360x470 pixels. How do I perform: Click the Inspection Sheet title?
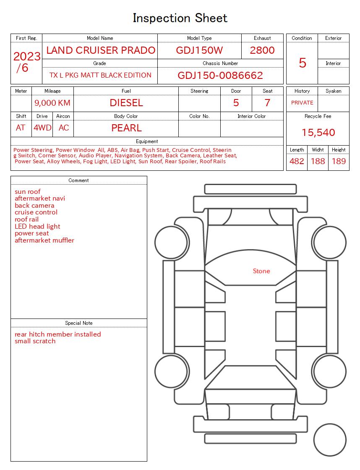tap(180, 18)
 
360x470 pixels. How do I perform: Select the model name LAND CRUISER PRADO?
tap(101, 50)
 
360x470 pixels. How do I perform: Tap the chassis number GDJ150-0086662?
tap(220, 76)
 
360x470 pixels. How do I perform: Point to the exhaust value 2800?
tap(262, 50)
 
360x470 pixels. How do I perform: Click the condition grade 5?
tap(302, 63)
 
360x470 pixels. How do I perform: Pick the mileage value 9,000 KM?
tap(52, 103)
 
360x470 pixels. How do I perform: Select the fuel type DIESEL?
tap(126, 103)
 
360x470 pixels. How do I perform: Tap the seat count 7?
tap(267, 103)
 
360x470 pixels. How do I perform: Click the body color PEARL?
tap(126, 128)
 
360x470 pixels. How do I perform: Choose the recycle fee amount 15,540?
tap(318, 133)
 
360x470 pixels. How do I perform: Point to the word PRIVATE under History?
tap(302, 103)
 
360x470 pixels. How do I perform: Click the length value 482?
tap(297, 161)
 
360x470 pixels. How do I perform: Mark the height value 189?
tap(339, 161)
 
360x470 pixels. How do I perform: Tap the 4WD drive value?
tap(42, 128)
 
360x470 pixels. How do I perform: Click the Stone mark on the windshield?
tap(261, 271)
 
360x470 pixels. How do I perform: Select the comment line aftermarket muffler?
tap(44, 240)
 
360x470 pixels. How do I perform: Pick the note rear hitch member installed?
tap(58, 334)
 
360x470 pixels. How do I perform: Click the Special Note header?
tap(79, 323)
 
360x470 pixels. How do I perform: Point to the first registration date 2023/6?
tap(26, 62)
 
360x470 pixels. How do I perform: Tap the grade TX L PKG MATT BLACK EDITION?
tap(100, 76)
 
